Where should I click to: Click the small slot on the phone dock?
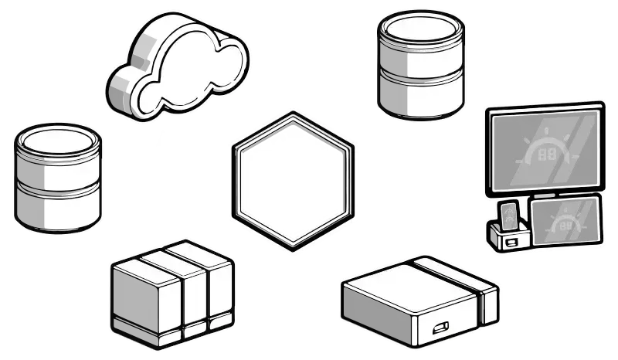tap(511, 241)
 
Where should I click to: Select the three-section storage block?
tap(171, 292)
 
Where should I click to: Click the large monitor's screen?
tap(545, 151)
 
